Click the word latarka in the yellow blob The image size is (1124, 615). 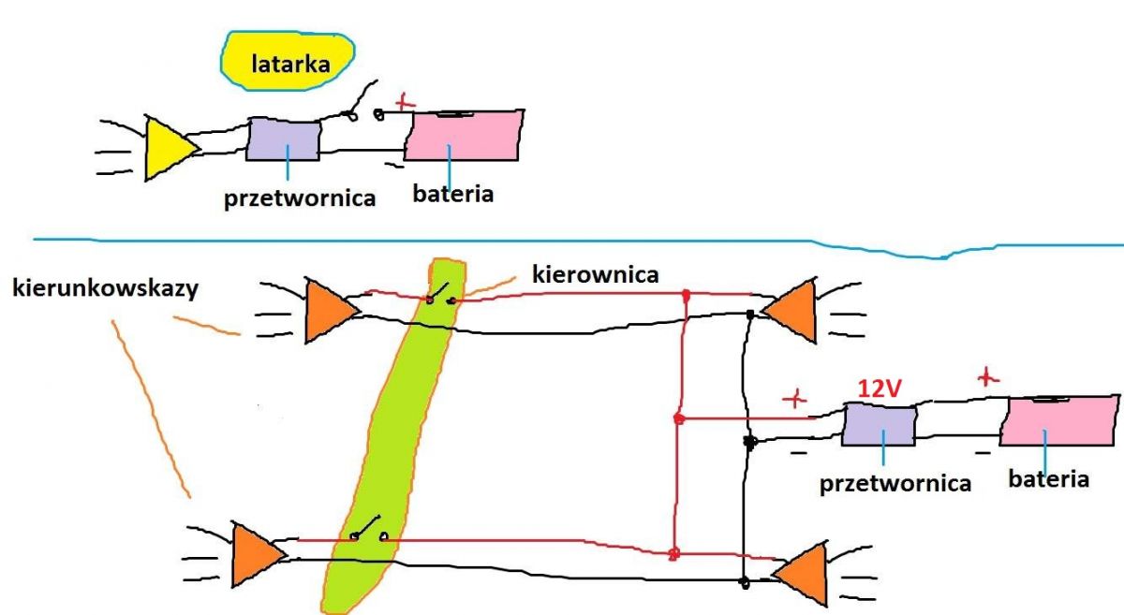[x=290, y=65]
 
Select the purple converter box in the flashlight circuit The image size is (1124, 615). [x=284, y=139]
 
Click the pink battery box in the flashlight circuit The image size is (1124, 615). [x=464, y=135]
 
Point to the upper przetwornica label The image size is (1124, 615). [x=300, y=198]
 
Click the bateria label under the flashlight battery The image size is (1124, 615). [x=452, y=194]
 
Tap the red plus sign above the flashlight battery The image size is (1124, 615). [x=405, y=102]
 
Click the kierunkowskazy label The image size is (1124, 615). [x=105, y=288]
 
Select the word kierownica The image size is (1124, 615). [x=595, y=275]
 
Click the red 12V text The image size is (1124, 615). [x=880, y=388]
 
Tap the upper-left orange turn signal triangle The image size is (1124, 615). [x=331, y=311]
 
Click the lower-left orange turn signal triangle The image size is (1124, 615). [x=258, y=554]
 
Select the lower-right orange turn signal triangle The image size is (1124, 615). [x=801, y=574]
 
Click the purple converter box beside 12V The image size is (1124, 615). [x=879, y=424]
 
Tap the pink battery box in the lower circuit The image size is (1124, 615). [x=1058, y=420]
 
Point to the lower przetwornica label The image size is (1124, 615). [x=895, y=484]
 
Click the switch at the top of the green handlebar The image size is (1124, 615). [x=440, y=295]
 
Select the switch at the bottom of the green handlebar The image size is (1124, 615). [x=369, y=529]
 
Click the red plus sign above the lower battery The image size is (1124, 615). [x=988, y=377]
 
